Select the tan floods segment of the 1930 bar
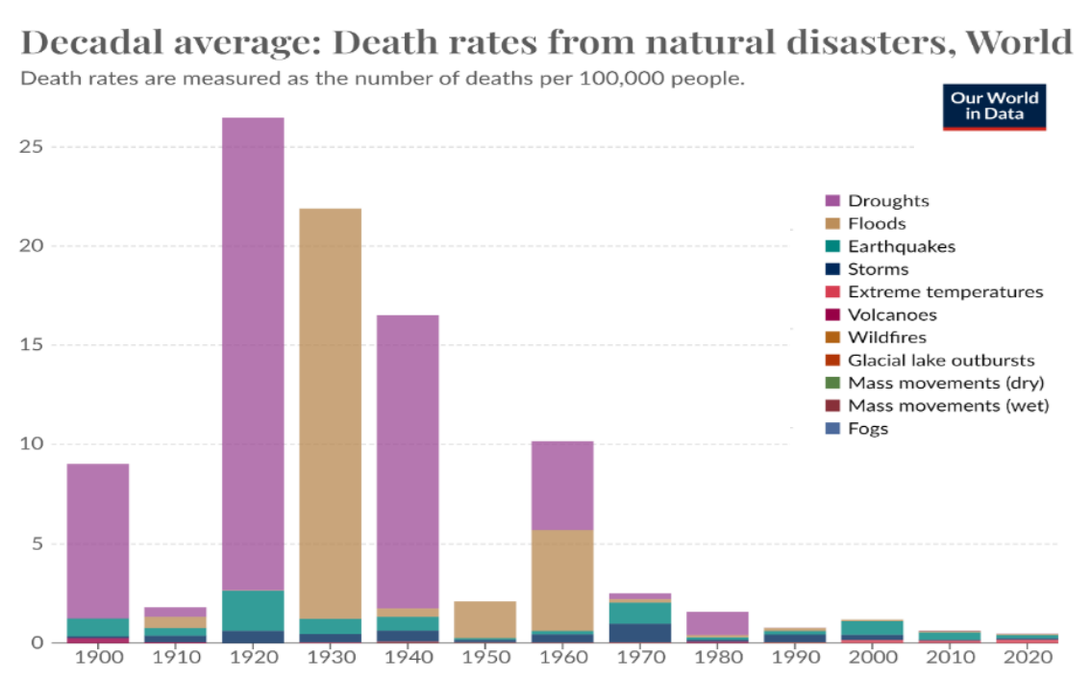(330, 414)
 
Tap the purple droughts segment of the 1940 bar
(408, 462)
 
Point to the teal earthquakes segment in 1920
(253, 611)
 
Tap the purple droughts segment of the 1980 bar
(717, 623)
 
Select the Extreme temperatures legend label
(945, 291)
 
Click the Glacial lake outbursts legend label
(940, 360)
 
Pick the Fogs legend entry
(867, 428)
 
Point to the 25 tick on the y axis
(35, 147)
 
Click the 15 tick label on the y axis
(35, 345)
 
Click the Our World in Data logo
(994, 106)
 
